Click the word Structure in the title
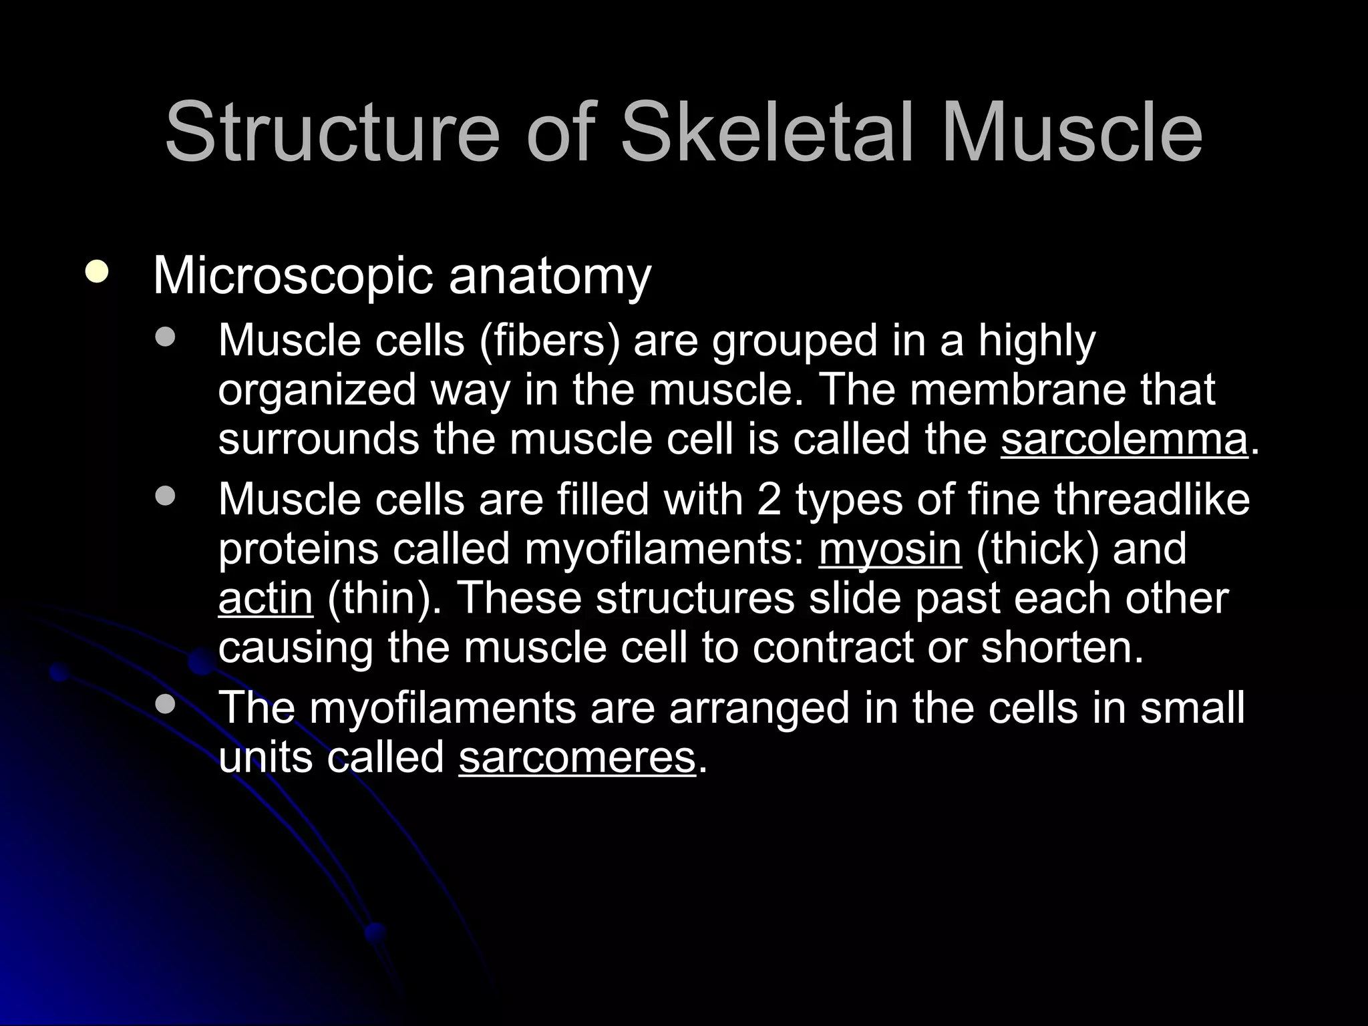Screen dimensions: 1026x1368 pyautogui.click(x=332, y=132)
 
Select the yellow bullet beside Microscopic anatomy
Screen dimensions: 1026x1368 pyautogui.click(x=98, y=273)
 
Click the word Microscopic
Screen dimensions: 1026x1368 pyautogui.click(x=293, y=276)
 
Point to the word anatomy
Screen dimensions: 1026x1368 pyautogui.click(x=549, y=276)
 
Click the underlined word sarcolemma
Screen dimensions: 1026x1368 pyautogui.click(x=1124, y=440)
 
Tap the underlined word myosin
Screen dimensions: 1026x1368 pyautogui.click(x=890, y=549)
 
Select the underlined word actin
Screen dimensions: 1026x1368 pyautogui.click(x=265, y=598)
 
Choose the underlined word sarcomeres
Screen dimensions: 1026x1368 pyautogui.click(x=577, y=757)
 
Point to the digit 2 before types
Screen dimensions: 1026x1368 pyautogui.click(x=769, y=500)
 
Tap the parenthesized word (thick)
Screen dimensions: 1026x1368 pyautogui.click(x=1036, y=549)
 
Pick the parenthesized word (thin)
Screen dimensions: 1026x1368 pyautogui.click(x=384, y=598)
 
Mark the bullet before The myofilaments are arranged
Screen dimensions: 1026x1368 pyautogui.click(x=164, y=703)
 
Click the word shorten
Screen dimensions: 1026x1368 pyautogui.click(x=1062, y=647)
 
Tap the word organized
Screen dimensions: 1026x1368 pyautogui.click(x=317, y=391)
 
